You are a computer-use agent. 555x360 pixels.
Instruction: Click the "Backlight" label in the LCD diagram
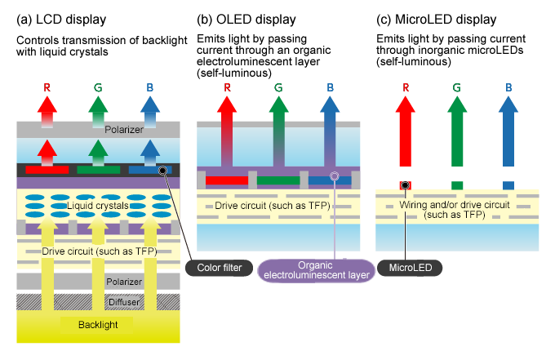click(98, 324)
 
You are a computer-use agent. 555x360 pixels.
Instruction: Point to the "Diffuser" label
click(124, 301)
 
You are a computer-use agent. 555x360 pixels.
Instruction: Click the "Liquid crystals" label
click(97, 206)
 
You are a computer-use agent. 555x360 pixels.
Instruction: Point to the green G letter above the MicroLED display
click(457, 86)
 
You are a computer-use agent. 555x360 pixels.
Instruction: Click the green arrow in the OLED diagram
click(278, 135)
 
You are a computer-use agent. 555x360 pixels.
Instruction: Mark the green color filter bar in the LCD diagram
click(98, 170)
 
